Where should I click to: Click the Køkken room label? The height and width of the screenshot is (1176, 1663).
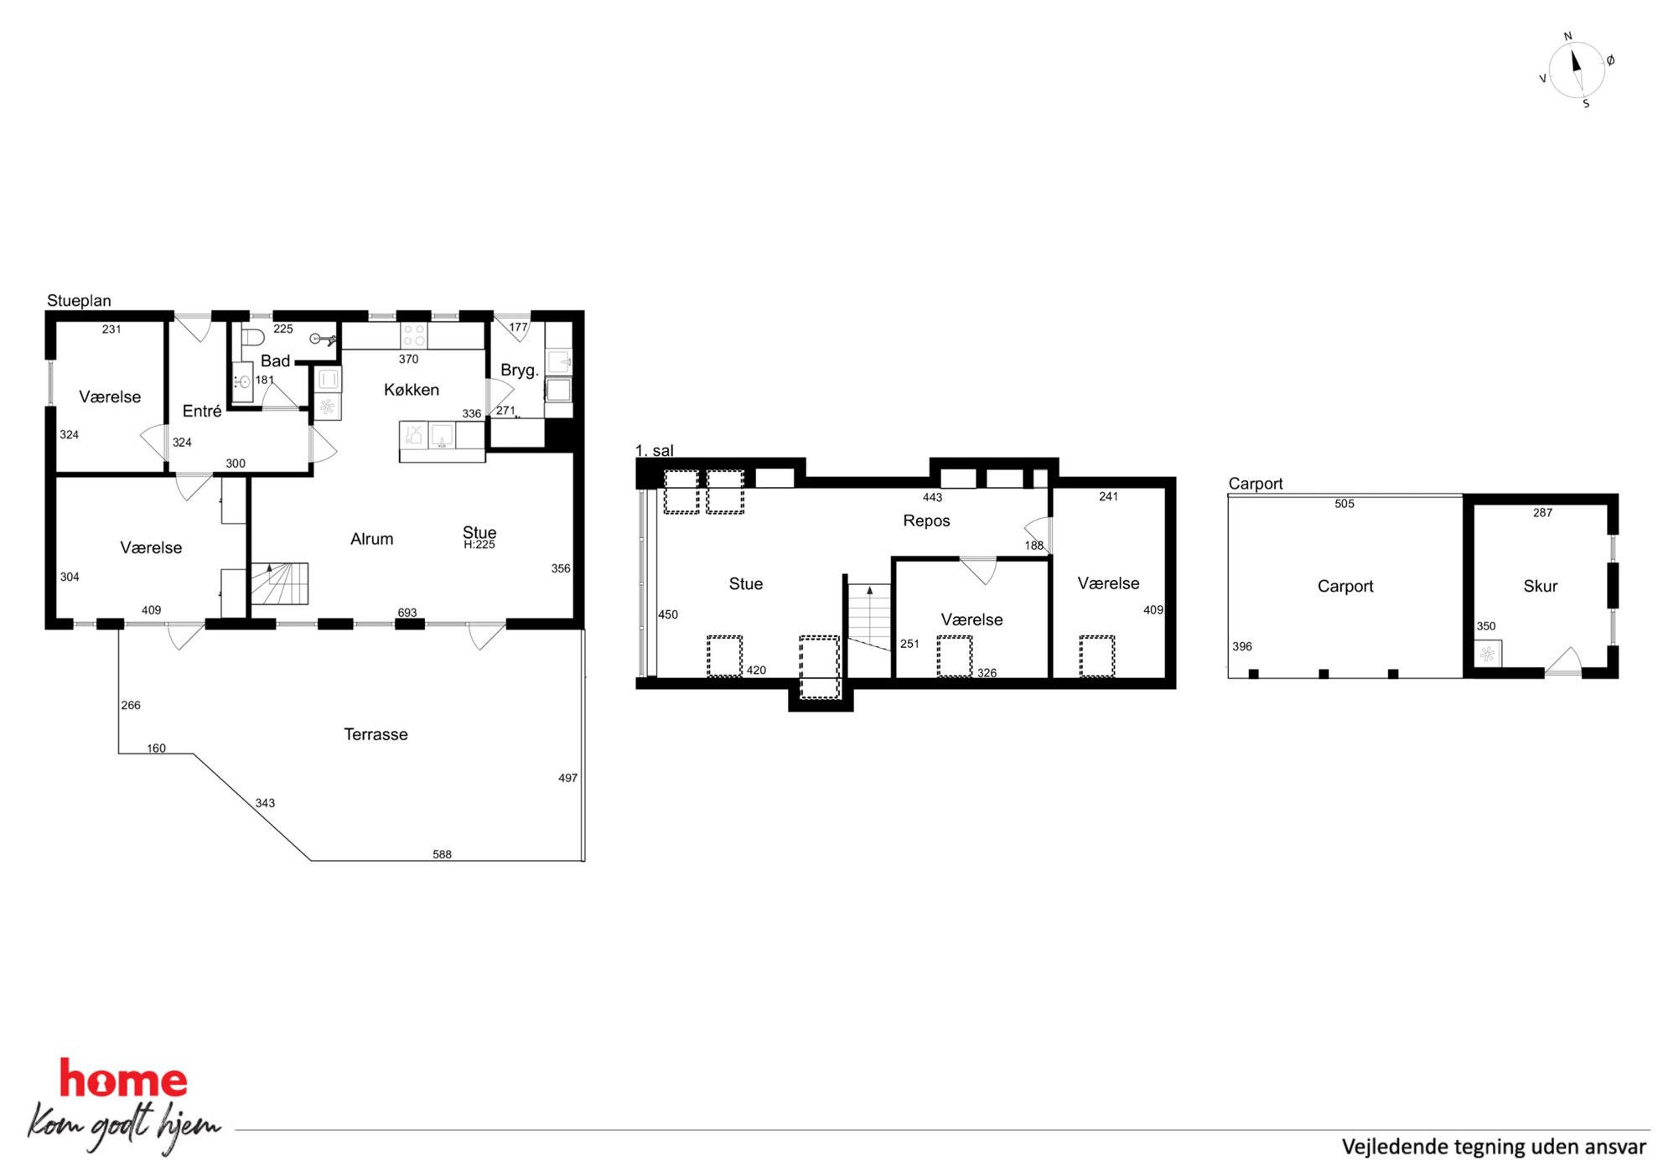[411, 390]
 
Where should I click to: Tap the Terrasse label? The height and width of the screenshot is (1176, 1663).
[376, 734]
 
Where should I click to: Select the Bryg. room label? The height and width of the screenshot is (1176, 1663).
[519, 370]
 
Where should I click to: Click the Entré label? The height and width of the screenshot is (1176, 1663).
[202, 411]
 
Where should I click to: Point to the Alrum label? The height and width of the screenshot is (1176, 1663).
[371, 539]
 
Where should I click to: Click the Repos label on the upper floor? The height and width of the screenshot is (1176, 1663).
[926, 521]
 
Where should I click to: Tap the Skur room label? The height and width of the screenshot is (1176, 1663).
[1540, 586]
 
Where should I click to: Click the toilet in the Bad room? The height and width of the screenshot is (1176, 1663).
[252, 337]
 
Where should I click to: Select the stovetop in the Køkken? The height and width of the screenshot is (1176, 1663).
[413, 335]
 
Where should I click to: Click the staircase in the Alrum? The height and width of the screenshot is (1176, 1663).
[280, 583]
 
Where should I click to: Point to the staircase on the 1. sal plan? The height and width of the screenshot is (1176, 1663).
[869, 617]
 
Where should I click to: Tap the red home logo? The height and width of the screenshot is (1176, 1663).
[123, 1079]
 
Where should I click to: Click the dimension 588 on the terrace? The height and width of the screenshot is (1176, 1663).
[442, 854]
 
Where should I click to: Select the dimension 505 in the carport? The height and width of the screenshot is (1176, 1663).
[1344, 504]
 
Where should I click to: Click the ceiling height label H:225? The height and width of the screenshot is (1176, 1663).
[479, 545]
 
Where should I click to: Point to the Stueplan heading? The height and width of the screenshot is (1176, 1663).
[79, 300]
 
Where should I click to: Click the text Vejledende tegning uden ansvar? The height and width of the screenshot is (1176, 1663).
[1494, 1147]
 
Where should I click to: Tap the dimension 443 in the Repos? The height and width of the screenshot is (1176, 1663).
[932, 497]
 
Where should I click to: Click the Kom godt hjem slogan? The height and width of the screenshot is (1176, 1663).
[124, 1127]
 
